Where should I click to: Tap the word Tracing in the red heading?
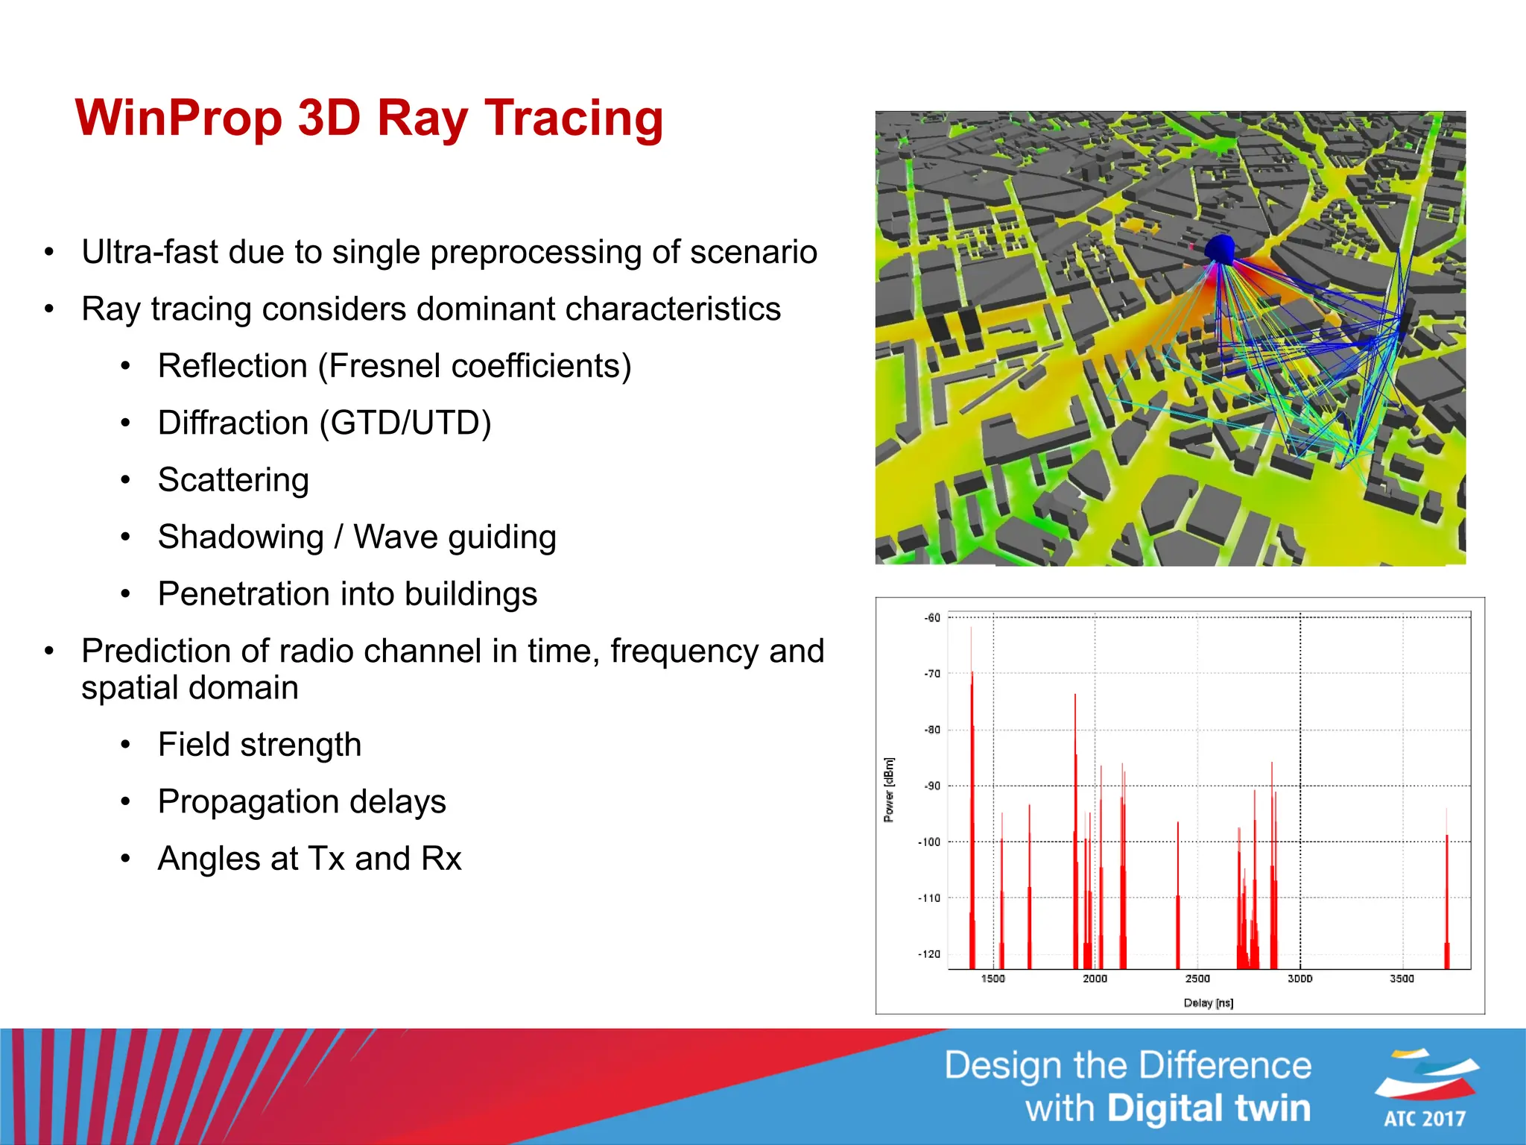(x=574, y=119)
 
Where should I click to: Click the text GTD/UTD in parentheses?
(x=406, y=423)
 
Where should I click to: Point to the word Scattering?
(x=233, y=480)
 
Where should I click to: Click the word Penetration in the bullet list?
(x=243, y=594)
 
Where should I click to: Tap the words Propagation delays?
(x=302, y=802)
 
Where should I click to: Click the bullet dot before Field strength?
(x=126, y=745)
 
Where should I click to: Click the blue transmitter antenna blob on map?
(x=1220, y=247)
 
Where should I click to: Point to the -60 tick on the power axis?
(x=932, y=618)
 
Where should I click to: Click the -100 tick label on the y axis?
(x=929, y=842)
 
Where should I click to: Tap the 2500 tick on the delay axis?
(x=1197, y=979)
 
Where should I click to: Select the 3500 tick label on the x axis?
(x=1402, y=979)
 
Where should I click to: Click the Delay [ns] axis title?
(x=1208, y=1003)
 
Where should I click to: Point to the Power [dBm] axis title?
(x=889, y=790)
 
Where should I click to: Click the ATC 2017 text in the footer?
(x=1425, y=1119)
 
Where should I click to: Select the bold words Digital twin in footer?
(x=1208, y=1108)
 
